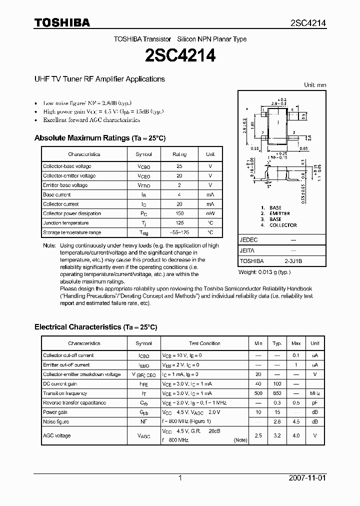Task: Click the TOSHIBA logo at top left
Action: point(62,22)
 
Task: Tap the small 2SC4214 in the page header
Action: point(308,23)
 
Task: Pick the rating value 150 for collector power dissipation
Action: point(179,213)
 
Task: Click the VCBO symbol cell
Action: point(143,166)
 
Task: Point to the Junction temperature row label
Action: point(65,223)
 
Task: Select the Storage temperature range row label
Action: point(72,232)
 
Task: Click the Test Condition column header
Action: point(204,343)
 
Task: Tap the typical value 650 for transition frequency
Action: point(276,393)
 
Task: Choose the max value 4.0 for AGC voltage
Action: point(296,435)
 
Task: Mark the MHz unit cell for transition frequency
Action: point(315,393)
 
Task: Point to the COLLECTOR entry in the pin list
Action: point(283,225)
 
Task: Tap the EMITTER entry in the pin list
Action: point(279,213)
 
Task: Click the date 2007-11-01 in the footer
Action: point(307,478)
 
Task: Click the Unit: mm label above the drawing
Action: point(315,85)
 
